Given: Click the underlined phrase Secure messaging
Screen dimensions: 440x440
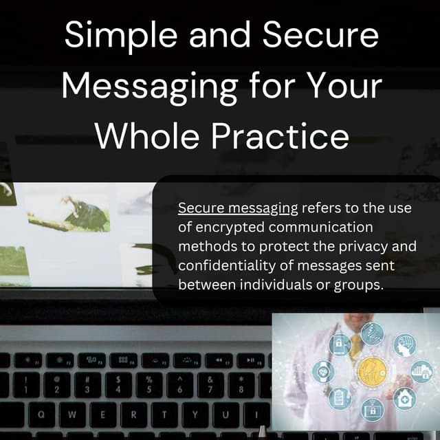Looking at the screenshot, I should [238, 208].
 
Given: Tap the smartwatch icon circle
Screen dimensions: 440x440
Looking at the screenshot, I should [323, 372].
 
